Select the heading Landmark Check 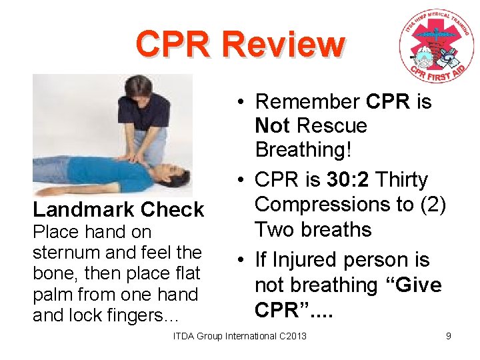(x=118, y=209)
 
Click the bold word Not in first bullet (x=273, y=126)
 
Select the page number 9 (x=449, y=336)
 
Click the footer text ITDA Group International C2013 (x=240, y=336)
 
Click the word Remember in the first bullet (x=308, y=102)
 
